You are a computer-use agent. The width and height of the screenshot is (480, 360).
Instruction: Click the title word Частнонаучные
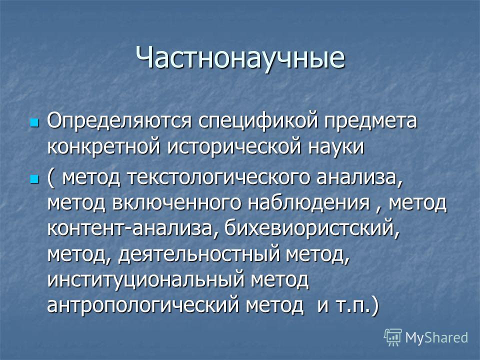coord(240,57)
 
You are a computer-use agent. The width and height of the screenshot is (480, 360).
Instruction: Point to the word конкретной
coord(104,147)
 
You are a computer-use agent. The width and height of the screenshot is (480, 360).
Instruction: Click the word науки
coord(336,147)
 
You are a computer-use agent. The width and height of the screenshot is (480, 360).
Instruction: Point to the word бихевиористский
coord(312,227)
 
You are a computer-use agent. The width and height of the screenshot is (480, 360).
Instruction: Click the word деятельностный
coord(199,253)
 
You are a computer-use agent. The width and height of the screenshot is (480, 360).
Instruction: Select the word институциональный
coord(146,279)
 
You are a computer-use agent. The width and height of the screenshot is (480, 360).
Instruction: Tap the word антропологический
coord(142,304)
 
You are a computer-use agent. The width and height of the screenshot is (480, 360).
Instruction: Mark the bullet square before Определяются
coord(34,122)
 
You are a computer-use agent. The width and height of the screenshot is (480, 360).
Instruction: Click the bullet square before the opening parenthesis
coord(34,178)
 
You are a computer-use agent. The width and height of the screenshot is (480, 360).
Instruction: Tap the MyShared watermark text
coord(436,337)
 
